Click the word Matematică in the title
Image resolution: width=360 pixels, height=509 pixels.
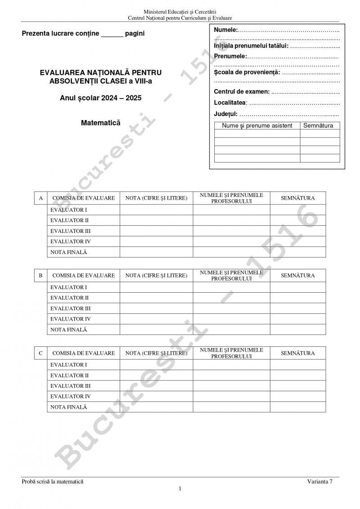click(100, 122)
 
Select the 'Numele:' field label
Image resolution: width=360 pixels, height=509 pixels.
click(225, 30)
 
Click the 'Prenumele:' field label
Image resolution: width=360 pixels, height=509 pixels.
click(230, 56)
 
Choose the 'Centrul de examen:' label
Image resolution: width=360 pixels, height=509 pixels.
click(242, 92)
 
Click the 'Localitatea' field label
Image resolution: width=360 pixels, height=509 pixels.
click(230, 103)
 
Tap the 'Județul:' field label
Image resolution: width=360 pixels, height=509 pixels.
click(225, 114)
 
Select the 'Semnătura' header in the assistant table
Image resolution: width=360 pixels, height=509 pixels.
click(318, 126)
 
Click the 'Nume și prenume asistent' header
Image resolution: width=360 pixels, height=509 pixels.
click(257, 126)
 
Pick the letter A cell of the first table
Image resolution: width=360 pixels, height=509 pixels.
click(41, 198)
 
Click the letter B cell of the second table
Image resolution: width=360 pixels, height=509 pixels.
click(41, 275)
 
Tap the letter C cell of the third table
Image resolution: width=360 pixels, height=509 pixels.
click(41, 353)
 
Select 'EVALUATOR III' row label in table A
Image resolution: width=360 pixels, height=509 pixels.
click(71, 231)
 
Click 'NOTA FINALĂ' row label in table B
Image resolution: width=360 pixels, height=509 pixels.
click(69, 330)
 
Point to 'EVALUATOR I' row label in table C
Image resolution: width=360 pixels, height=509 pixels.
click(69, 365)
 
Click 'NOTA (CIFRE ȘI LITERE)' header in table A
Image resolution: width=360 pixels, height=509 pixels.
click(156, 198)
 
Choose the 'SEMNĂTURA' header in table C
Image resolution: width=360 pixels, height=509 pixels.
click(298, 353)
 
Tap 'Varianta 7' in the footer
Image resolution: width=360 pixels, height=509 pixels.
click(320, 482)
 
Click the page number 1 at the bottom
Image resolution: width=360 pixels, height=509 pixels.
click(180, 489)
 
